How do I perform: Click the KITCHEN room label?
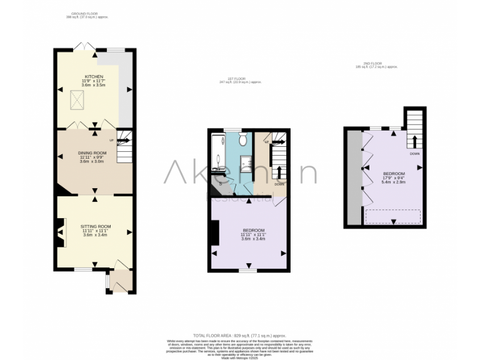click(x=94, y=76)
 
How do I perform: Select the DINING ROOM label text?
click(x=93, y=152)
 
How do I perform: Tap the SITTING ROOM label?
click(x=96, y=226)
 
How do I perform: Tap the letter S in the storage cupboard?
click(x=220, y=183)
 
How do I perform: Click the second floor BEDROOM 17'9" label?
click(x=394, y=173)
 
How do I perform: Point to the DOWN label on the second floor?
click(x=414, y=153)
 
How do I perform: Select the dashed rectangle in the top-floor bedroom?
click(x=392, y=216)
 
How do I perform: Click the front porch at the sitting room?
click(x=120, y=281)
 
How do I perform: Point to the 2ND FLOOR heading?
click(x=372, y=63)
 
